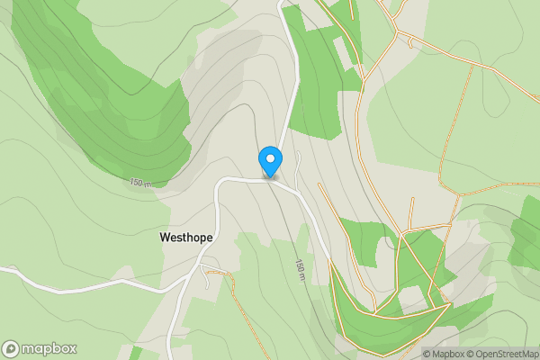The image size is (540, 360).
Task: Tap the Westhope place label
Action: point(185,238)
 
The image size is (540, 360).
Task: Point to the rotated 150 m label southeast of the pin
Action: point(301,268)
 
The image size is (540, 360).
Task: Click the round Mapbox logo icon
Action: point(12,349)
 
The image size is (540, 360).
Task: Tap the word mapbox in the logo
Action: point(49,349)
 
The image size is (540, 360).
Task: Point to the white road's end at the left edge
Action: point(3,268)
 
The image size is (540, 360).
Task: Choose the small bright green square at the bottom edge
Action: point(136,353)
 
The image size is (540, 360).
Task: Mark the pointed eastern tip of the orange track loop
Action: point(446,304)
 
